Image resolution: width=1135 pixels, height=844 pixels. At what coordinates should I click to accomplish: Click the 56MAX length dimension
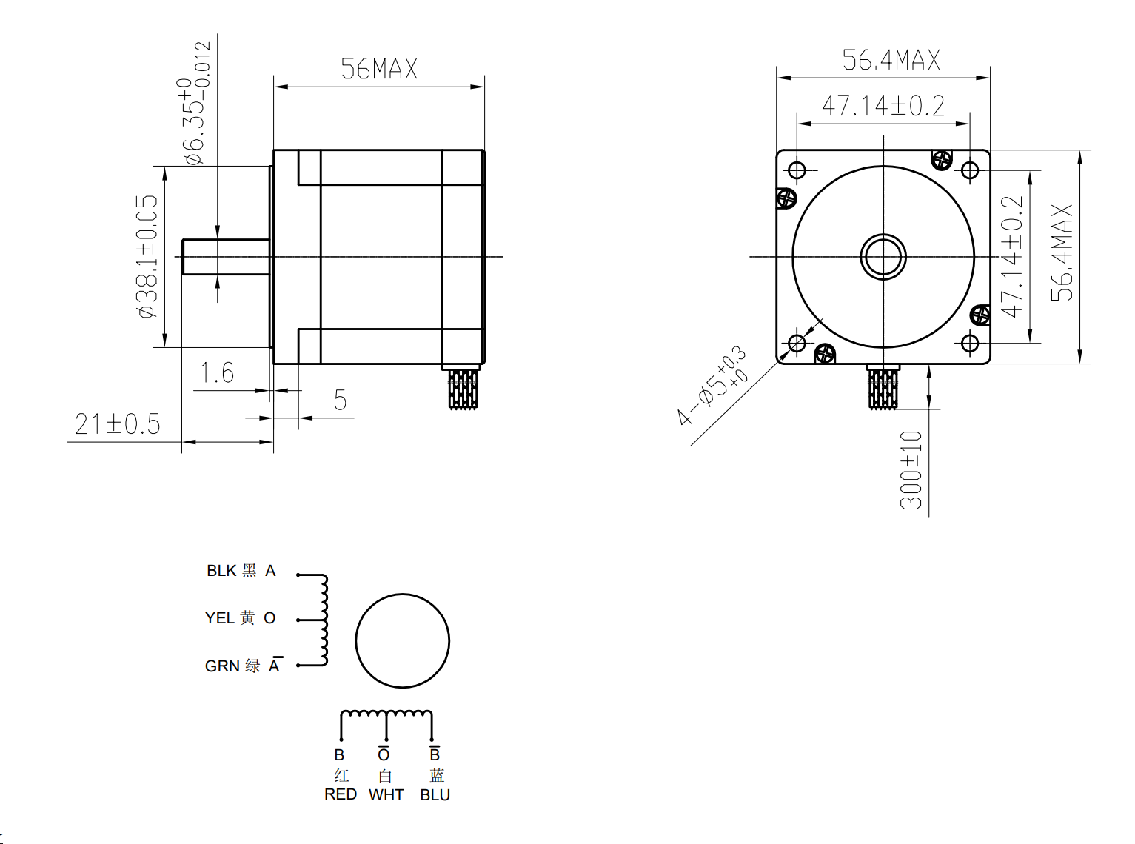(x=379, y=69)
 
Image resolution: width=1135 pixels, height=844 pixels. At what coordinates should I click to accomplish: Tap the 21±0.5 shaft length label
(x=118, y=424)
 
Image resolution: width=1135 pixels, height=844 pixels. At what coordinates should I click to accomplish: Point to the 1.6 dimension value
(x=217, y=372)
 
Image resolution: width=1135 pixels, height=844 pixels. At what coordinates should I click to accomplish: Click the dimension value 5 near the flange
(x=340, y=401)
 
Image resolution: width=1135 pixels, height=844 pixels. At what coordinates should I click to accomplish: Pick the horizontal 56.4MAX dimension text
(x=891, y=60)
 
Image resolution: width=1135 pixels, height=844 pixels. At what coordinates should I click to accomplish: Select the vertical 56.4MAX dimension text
(x=1062, y=252)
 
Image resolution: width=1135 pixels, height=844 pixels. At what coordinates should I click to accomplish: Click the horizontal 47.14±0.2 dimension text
(x=883, y=106)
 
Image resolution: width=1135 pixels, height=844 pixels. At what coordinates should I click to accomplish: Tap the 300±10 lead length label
(x=911, y=469)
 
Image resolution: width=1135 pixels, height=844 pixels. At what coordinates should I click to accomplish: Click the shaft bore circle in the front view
(x=883, y=257)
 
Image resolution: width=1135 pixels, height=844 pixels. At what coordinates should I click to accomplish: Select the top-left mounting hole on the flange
(x=797, y=171)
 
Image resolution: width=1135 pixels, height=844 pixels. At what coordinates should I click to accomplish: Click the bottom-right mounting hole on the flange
(x=970, y=344)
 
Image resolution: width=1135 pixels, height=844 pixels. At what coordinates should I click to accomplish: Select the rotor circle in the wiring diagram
(x=403, y=641)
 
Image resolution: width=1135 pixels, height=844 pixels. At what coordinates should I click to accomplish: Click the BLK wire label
(x=221, y=571)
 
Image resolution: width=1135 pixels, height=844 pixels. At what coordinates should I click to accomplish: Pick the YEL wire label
(x=220, y=618)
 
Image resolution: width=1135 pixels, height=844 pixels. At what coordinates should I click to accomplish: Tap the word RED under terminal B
(x=341, y=794)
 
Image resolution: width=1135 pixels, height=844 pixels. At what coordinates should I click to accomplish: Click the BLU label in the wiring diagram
(x=435, y=795)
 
